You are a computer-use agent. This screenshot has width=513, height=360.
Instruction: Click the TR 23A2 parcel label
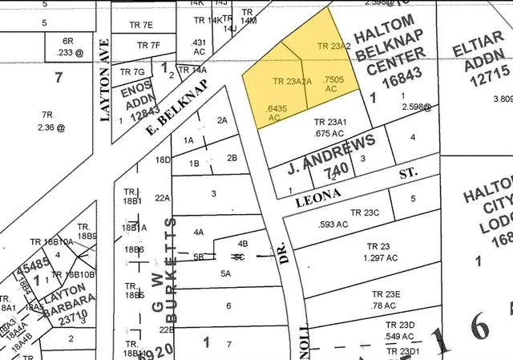click(334, 47)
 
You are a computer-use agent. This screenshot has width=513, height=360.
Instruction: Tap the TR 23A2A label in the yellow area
click(293, 81)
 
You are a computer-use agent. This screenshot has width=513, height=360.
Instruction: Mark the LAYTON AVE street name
click(104, 79)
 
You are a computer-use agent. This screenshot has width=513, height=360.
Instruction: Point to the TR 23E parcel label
click(383, 294)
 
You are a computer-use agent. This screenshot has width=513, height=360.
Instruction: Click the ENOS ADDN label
click(137, 99)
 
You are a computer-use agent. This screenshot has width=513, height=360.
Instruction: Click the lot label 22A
click(163, 197)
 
